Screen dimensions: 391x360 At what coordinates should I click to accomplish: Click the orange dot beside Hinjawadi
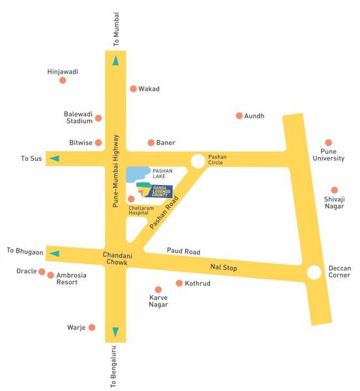pos(63,80)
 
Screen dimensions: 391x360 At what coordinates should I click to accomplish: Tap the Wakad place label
pos(149,89)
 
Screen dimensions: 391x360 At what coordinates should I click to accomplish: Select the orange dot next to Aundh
pos(239,115)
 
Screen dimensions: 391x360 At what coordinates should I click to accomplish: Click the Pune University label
pos(328,154)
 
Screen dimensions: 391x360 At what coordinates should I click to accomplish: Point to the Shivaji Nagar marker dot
pos(335,190)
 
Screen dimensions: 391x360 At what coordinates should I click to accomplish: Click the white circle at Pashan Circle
pos(198,161)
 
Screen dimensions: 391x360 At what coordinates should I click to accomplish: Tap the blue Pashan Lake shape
pos(137,174)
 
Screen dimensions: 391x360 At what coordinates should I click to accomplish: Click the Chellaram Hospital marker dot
pos(131,199)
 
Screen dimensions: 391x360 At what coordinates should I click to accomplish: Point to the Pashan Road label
pos(163,212)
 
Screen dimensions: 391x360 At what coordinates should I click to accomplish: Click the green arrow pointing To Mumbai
pos(115,61)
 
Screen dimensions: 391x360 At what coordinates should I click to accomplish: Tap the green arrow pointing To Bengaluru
pos(115,332)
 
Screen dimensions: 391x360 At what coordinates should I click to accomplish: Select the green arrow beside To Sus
pos(55,158)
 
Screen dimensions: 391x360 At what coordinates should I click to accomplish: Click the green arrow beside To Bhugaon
pos(55,253)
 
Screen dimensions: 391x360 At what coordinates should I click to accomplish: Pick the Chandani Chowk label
pos(117,258)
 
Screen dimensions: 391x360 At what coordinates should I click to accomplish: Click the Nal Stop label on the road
pos(223,268)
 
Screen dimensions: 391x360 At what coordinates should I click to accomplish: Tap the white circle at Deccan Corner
pos(314,272)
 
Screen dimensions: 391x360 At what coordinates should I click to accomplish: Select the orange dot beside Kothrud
pos(179,283)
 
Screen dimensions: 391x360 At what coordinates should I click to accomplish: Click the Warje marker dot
pos(92,327)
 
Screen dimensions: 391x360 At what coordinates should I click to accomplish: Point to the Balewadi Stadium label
pos(79,117)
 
